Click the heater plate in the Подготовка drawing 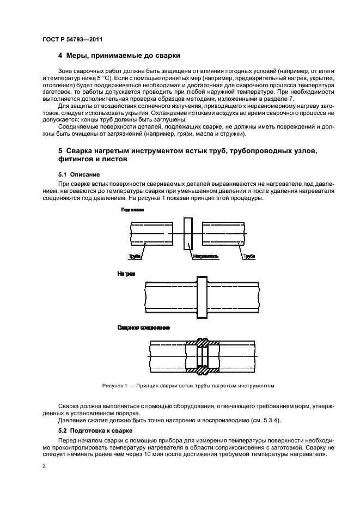(188, 234)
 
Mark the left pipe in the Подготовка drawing (152, 234)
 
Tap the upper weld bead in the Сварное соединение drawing (202, 343)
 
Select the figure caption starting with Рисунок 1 (187, 386)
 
